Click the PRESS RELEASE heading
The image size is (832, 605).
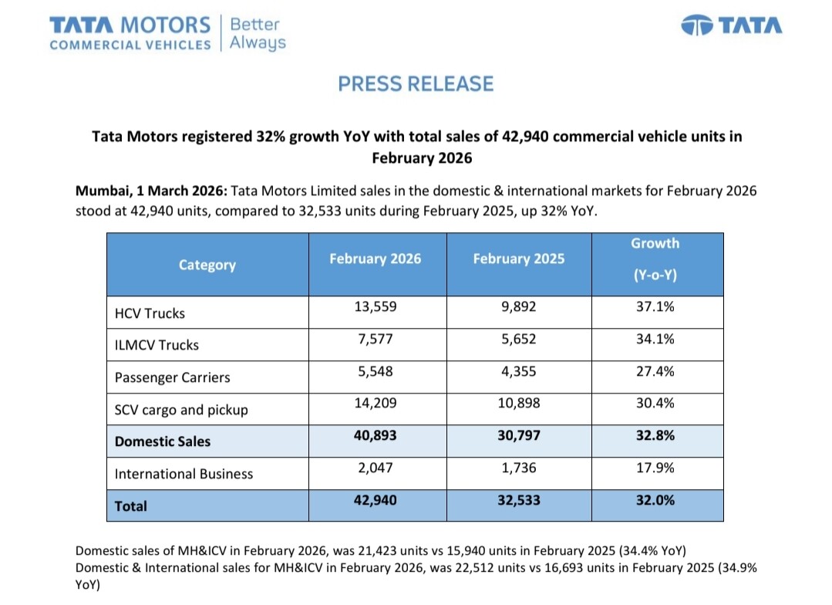(x=416, y=83)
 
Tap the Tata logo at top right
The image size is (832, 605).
(x=732, y=25)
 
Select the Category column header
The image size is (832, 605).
(x=207, y=265)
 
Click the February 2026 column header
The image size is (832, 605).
(x=376, y=259)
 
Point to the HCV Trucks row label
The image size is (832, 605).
(x=150, y=313)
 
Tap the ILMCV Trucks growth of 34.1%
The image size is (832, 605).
(x=655, y=339)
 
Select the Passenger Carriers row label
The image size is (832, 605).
(x=172, y=378)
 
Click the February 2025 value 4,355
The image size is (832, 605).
(x=518, y=371)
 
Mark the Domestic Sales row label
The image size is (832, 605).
(x=163, y=441)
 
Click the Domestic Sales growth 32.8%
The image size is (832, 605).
(x=655, y=435)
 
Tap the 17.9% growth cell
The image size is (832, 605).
(x=655, y=468)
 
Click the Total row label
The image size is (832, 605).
(x=131, y=506)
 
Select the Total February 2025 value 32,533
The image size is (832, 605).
(x=518, y=500)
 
